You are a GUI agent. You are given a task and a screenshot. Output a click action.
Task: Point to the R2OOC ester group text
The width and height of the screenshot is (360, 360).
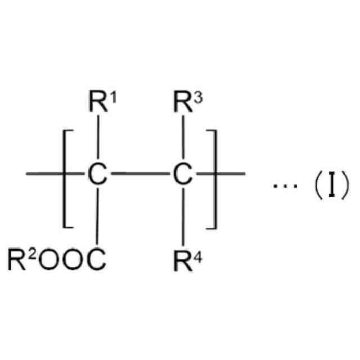56,260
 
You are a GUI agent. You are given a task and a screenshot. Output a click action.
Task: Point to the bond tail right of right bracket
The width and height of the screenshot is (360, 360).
231,174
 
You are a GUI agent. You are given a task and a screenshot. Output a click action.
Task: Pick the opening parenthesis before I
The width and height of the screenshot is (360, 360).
316,184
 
